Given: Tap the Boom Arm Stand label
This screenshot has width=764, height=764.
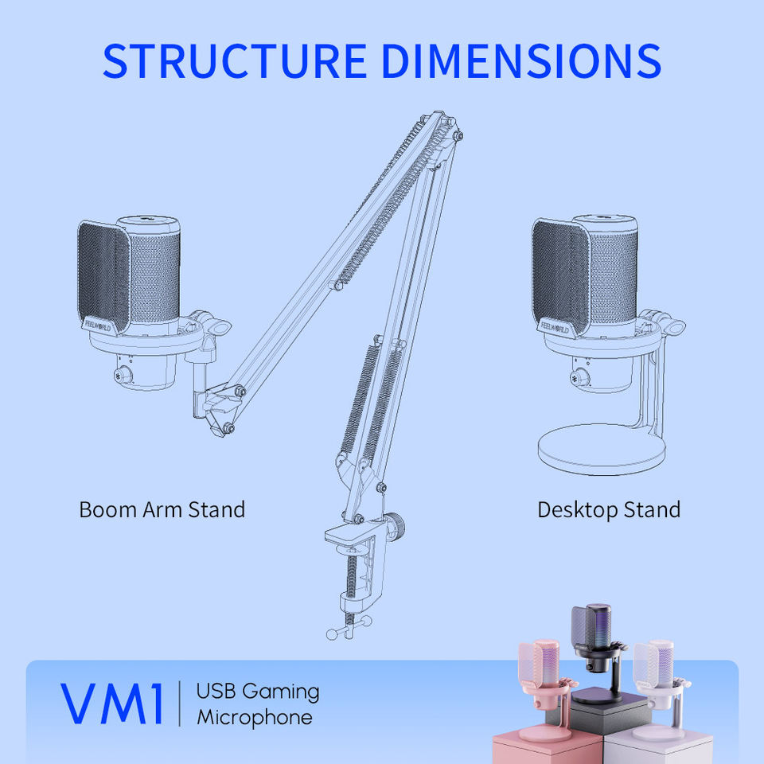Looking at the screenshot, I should click(x=162, y=509).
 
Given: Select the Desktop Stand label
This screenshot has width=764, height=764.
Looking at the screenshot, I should click(x=609, y=509).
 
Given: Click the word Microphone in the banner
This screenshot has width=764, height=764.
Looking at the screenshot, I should click(x=255, y=717).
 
